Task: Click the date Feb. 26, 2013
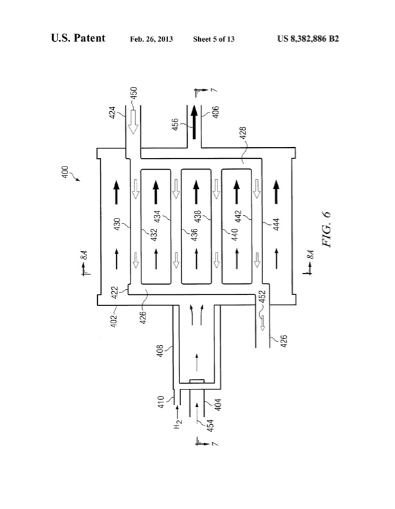(x=149, y=39)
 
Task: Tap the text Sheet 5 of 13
(x=214, y=39)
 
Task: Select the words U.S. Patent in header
(x=78, y=39)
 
